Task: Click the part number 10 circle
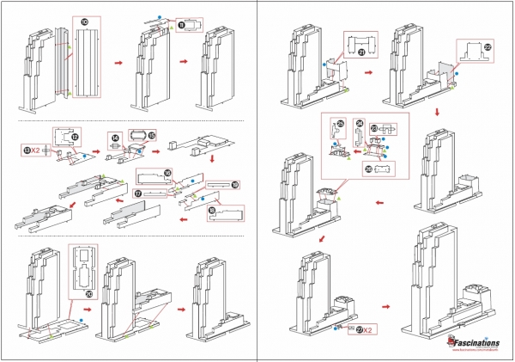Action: (x=83, y=21)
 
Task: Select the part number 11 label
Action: (x=180, y=26)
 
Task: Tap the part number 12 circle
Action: (x=75, y=137)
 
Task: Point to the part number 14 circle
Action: (x=113, y=138)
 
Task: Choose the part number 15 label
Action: (x=151, y=135)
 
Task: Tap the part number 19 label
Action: (x=234, y=185)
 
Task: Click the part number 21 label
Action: (x=361, y=51)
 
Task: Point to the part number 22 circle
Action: (x=488, y=46)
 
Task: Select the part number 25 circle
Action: (x=340, y=124)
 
